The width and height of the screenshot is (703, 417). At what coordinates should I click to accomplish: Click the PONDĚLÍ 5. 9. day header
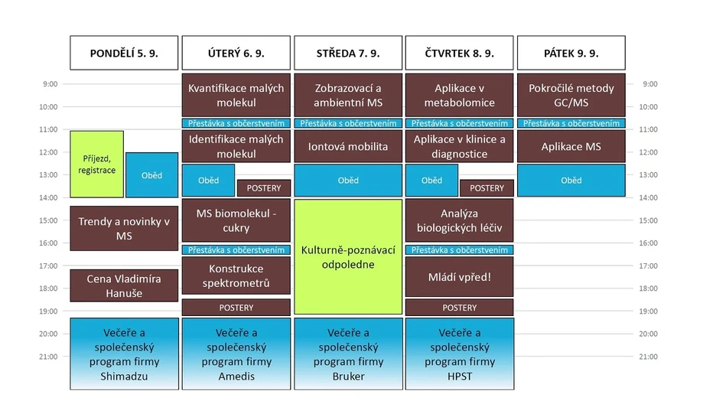(124, 53)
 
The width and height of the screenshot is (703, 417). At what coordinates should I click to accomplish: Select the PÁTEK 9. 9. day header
(571, 53)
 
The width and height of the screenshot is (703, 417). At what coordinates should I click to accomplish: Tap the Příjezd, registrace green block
(96, 164)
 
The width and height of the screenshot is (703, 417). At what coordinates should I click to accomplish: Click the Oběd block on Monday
(151, 175)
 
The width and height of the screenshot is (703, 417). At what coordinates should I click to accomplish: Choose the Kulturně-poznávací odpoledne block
(347, 256)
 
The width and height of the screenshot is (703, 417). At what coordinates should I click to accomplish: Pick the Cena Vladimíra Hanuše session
(124, 285)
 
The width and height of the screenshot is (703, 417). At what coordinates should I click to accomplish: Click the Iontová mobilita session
(347, 146)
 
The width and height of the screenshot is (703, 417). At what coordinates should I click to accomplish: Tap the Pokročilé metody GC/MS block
(571, 95)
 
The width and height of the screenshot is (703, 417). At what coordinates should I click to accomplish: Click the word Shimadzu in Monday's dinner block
(124, 376)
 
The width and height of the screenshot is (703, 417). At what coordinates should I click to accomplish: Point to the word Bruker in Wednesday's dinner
(347, 376)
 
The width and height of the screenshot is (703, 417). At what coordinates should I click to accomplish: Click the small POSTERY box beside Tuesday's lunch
(264, 188)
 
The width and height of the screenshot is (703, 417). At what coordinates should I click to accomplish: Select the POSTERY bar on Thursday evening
(459, 308)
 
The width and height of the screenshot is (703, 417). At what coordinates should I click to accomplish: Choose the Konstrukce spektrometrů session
(236, 276)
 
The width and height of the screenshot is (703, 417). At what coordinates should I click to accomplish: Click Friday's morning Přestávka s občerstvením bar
(571, 123)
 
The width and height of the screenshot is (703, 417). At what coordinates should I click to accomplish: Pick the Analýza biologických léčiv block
(459, 221)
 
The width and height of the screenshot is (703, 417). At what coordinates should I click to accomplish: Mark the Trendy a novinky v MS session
(124, 228)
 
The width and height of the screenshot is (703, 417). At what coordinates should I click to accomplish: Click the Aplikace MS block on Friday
(571, 146)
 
